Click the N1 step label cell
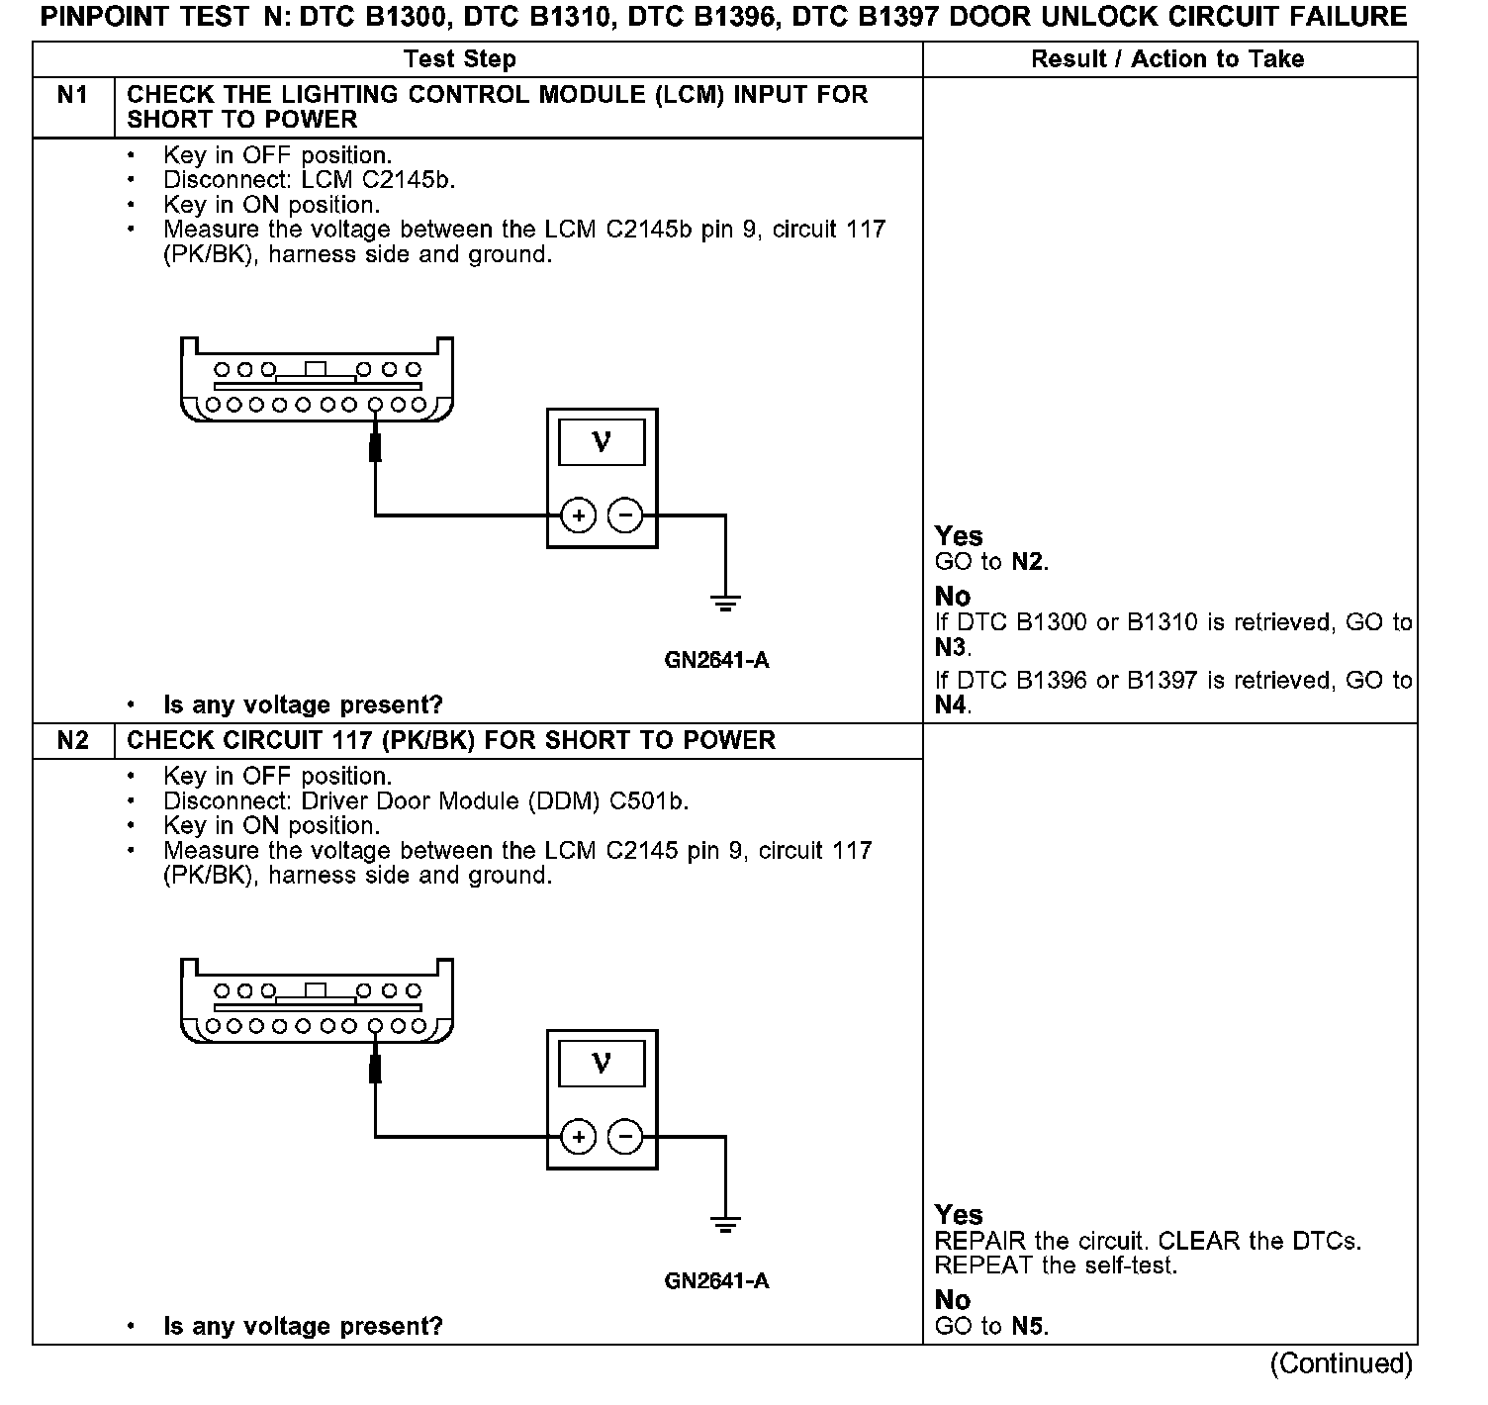72,96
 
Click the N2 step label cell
72,741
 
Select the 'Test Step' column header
460,59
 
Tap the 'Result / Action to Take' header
1167,59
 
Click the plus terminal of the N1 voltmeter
579,515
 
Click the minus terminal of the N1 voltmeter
624,515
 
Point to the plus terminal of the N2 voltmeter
579,1137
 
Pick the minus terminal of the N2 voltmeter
624,1137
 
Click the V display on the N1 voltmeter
602,442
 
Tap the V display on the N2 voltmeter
602,1064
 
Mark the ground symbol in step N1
725,602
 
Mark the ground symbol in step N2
725,1224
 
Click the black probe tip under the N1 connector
375,447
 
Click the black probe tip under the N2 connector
375,1069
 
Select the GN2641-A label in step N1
716,660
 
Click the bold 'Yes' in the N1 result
959,536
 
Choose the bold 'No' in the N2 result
953,1300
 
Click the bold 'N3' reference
952,648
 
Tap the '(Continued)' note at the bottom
1341,1363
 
